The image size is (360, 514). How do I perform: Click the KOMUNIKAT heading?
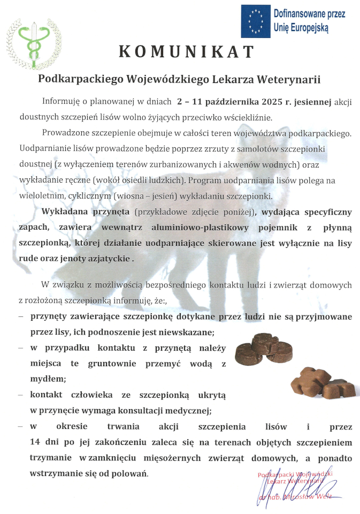186,51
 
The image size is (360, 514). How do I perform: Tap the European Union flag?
255,21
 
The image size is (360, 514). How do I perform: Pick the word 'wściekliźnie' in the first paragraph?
244,117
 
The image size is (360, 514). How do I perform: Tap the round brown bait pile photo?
264,347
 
